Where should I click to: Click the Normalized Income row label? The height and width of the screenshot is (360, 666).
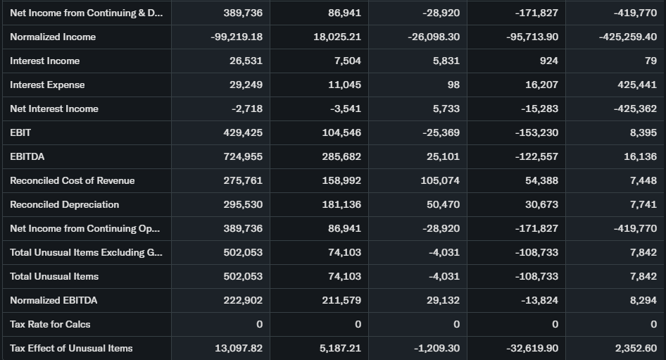[x=53, y=37]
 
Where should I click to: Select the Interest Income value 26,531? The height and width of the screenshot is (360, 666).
[x=246, y=61]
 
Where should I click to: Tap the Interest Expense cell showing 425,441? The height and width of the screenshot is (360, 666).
[x=637, y=85]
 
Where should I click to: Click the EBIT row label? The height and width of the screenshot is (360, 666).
[x=20, y=132]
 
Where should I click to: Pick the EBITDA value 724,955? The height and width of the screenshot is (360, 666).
[x=243, y=156]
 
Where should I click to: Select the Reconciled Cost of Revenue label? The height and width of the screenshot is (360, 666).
[x=72, y=180]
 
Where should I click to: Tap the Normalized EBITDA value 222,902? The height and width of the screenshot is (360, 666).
[x=243, y=300]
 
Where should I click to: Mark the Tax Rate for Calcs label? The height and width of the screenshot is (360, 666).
[x=50, y=324]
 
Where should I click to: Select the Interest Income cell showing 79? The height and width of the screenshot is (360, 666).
[x=651, y=61]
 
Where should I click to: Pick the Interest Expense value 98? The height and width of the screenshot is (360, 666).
[x=453, y=85]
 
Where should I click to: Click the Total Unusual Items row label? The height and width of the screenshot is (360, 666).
[x=54, y=276]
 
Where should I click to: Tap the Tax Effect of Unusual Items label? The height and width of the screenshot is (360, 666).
[x=71, y=348]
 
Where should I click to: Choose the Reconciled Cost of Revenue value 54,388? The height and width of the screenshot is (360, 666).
[x=541, y=180]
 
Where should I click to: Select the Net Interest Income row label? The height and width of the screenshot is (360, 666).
[x=54, y=108]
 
